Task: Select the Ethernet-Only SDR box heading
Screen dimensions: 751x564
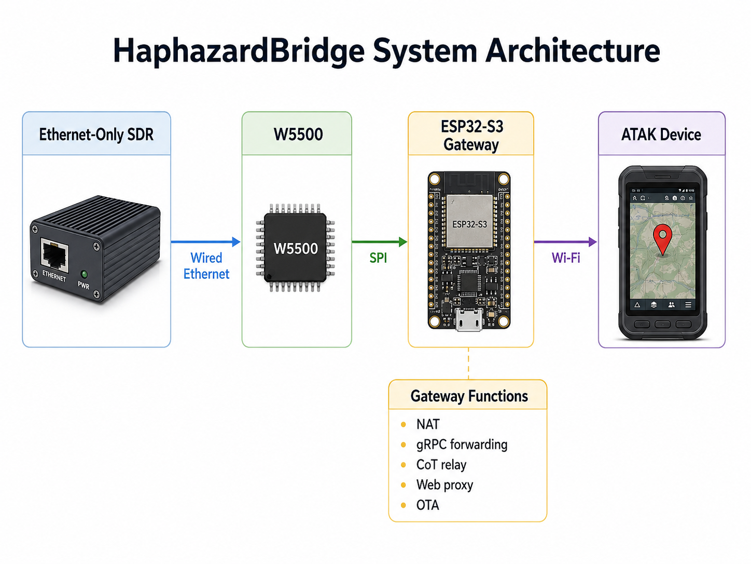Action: [96, 134]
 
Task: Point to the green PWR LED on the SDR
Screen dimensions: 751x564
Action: [84, 274]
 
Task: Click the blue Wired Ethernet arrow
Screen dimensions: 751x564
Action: [205, 242]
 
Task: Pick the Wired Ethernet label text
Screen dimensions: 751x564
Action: [206, 266]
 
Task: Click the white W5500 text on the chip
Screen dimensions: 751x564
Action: [296, 249]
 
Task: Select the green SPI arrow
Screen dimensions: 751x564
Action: [380, 242]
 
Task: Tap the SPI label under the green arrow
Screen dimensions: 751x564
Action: [378, 258]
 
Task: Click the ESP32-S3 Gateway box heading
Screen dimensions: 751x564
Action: [471, 136]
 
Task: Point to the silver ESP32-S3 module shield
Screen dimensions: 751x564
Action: [469, 221]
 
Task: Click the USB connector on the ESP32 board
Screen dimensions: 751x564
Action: [469, 319]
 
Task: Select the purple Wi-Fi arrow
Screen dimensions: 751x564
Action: [565, 242]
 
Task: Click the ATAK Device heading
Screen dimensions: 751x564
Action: [661, 134]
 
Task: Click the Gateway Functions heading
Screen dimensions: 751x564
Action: [469, 396]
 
